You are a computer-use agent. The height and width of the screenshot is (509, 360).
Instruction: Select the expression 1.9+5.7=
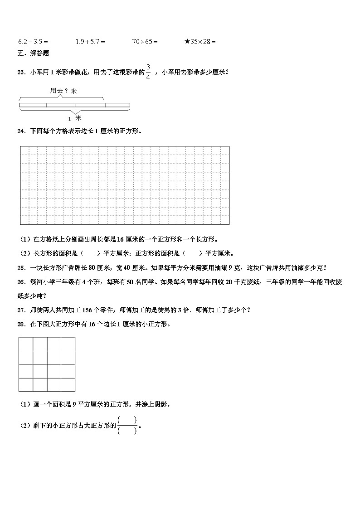pos(90,42)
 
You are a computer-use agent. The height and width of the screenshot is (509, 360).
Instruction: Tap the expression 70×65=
pos(145,42)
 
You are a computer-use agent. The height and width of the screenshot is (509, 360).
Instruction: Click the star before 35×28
pos(187,42)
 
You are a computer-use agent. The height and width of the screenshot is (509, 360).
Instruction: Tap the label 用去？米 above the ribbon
pos(63,91)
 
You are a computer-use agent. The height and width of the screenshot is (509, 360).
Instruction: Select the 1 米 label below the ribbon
pos(74,118)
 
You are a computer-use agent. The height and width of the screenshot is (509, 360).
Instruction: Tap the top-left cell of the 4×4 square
pos(25,344)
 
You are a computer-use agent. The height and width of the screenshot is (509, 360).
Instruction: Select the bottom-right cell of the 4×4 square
pos(68,385)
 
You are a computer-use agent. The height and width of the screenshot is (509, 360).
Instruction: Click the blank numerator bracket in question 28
pos(127,420)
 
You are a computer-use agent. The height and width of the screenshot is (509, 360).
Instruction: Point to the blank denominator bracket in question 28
pos(127,431)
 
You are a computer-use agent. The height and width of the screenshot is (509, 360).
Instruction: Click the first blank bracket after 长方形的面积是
pos(90,253)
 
